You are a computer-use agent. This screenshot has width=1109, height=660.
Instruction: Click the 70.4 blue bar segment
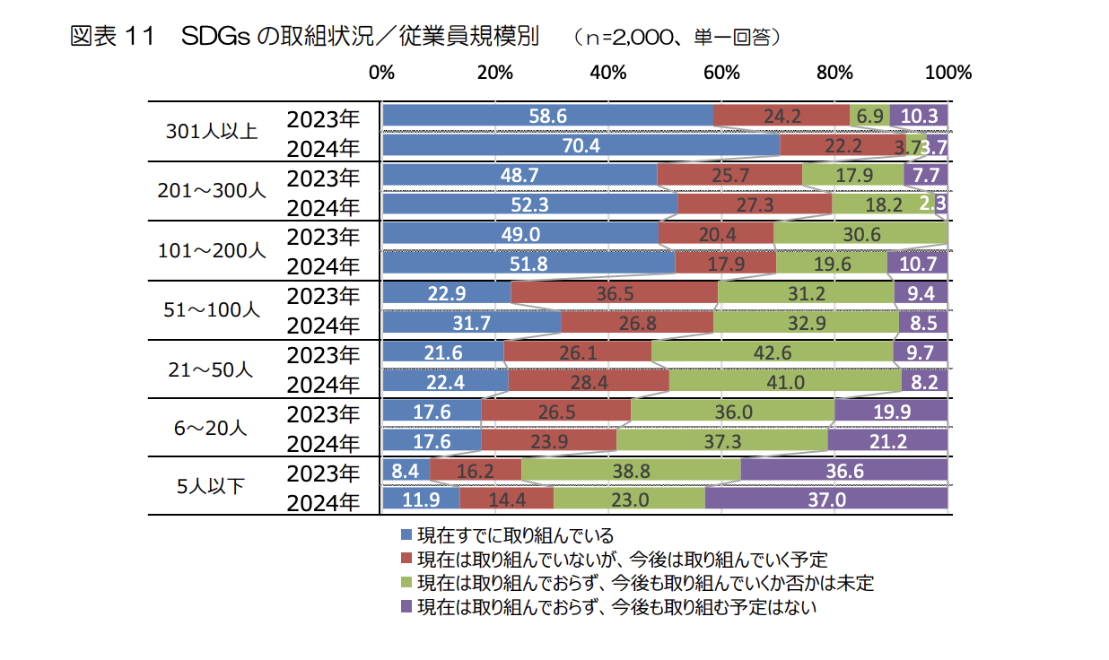point(581,145)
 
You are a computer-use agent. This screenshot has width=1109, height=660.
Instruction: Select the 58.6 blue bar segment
point(548,116)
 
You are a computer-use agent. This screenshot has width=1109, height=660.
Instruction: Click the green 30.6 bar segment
point(860,234)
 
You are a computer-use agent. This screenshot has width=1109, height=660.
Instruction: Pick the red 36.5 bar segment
point(615,293)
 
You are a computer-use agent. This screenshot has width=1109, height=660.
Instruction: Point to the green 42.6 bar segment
point(772,352)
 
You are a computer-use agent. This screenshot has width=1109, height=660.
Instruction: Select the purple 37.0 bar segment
point(826,499)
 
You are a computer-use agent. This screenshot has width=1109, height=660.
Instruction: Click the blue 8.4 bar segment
point(406,470)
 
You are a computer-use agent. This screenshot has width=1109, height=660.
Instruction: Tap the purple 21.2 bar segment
point(887,440)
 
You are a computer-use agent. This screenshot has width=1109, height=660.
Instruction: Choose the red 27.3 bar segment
point(755,204)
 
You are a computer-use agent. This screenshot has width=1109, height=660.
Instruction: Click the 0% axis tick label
point(382,73)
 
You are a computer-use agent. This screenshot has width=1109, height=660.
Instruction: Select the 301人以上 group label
point(212,132)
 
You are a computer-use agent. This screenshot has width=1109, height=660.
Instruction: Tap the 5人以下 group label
point(212,486)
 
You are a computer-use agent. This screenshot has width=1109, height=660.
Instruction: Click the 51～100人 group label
point(212,309)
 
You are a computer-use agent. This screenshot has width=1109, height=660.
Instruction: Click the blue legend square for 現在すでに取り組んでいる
point(406,535)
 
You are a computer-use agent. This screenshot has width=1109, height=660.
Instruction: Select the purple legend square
point(406,606)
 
